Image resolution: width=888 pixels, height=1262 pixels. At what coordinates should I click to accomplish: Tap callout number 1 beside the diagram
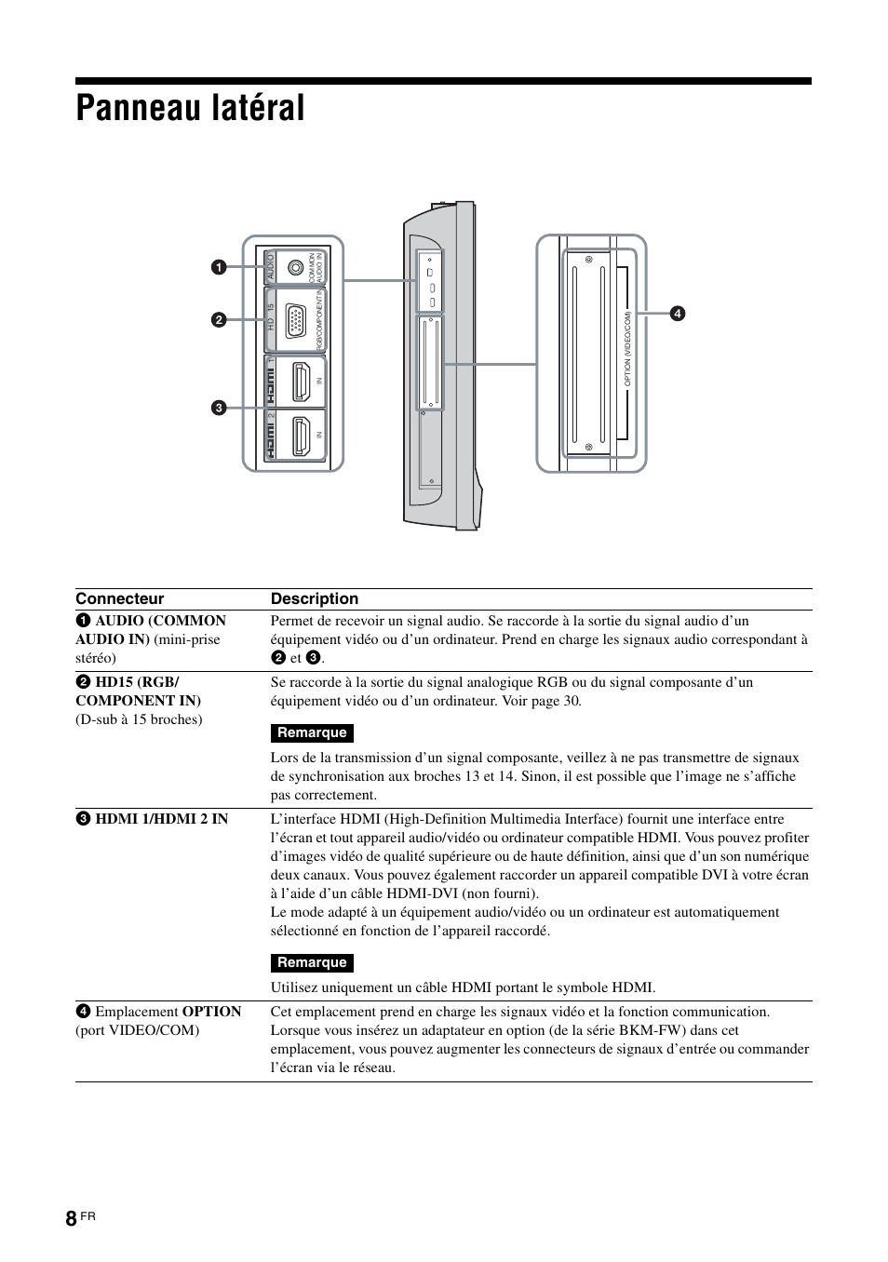pos(217,268)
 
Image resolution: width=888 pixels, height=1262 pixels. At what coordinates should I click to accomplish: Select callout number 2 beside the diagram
pos(218,320)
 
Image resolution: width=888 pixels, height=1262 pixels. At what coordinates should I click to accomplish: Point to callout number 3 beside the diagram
pos(217,408)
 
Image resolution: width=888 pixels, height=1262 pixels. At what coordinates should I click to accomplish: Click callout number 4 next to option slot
pos(679,314)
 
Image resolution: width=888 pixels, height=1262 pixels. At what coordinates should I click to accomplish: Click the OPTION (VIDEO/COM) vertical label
pos(628,349)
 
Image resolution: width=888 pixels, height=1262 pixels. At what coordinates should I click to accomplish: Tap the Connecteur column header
pos(119,599)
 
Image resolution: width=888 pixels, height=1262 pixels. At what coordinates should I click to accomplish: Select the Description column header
pos(315,599)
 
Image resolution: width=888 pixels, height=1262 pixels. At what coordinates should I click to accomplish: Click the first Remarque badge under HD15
pos(312,733)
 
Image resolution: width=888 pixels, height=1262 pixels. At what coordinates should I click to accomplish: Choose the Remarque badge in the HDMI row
pos(312,963)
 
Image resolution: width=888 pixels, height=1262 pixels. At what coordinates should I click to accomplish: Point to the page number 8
pos(71,1221)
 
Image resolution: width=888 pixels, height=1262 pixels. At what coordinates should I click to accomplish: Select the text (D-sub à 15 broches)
pos(139,719)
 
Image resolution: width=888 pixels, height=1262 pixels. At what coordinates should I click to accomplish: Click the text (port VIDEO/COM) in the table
pos(138,1030)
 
